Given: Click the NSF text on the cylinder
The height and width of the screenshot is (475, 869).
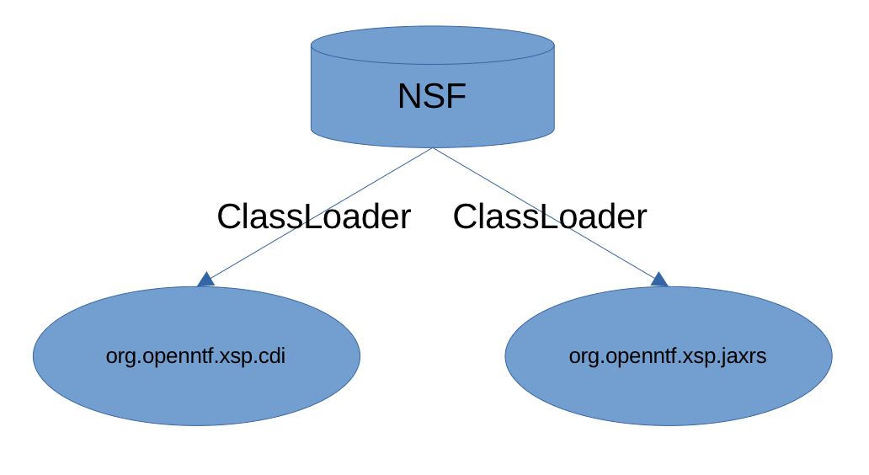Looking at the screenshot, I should click(x=431, y=97).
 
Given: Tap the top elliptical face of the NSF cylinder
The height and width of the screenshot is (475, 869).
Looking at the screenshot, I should click(x=432, y=45).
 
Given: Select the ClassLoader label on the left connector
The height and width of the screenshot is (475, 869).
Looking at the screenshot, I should click(x=313, y=217).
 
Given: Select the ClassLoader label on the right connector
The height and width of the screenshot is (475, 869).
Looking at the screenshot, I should click(x=549, y=217).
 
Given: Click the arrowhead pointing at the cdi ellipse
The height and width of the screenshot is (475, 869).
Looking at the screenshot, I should click(x=205, y=280).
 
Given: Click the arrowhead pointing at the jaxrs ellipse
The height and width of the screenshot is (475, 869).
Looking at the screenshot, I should click(x=659, y=280).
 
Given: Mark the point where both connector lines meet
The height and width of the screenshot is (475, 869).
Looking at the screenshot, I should click(x=433, y=148).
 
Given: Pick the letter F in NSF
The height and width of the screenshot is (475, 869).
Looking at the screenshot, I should click(x=456, y=97).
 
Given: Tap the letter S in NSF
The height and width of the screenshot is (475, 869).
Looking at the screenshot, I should click(x=433, y=97).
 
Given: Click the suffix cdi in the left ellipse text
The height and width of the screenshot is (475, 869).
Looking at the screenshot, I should click(x=274, y=356).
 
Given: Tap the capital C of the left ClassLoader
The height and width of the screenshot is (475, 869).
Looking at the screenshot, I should click(x=228, y=217).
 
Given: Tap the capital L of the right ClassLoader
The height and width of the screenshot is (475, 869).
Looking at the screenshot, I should click(x=545, y=217).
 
